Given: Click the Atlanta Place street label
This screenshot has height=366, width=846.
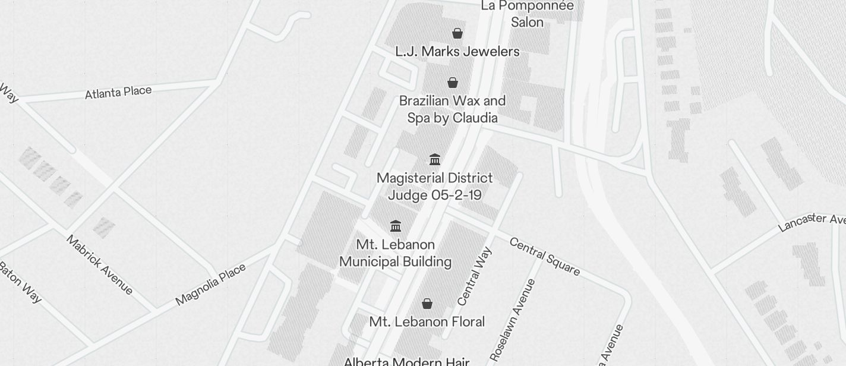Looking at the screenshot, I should tap(118, 93).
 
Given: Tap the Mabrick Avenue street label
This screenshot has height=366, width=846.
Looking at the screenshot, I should tap(99, 264).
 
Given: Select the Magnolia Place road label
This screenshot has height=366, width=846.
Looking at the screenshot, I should tap(210, 285).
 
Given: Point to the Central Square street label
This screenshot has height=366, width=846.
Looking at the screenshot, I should tap(544, 257).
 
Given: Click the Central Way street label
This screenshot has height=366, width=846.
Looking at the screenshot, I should tap(475, 276).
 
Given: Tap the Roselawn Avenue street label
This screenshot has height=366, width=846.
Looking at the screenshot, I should tap(513, 320).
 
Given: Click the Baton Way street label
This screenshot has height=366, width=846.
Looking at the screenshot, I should tap(20, 282).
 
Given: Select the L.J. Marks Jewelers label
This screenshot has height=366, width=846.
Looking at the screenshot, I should tap(457, 52).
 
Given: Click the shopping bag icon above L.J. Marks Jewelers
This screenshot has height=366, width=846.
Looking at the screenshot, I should tap(457, 33).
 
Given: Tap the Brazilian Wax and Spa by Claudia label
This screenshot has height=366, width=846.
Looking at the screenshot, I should tap(452, 109).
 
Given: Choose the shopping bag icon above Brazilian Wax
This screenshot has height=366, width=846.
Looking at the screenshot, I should tap(453, 83).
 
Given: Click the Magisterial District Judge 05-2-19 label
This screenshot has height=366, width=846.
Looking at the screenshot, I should tap(435, 187).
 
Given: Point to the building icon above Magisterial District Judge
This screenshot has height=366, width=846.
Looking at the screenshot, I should tap(435, 159).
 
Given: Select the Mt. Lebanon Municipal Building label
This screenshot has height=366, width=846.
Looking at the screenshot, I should tap(396, 253).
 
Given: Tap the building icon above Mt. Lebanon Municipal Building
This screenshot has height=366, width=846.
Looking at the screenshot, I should tap(396, 226).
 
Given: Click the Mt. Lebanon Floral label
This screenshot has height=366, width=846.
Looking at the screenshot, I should tap(427, 322).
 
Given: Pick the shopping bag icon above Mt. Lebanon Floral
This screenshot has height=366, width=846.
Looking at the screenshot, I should tap(427, 304).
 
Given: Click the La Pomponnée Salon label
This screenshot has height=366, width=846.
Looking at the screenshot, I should tap(527, 14).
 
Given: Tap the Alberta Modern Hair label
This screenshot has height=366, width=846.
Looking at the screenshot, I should tap(406, 362).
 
